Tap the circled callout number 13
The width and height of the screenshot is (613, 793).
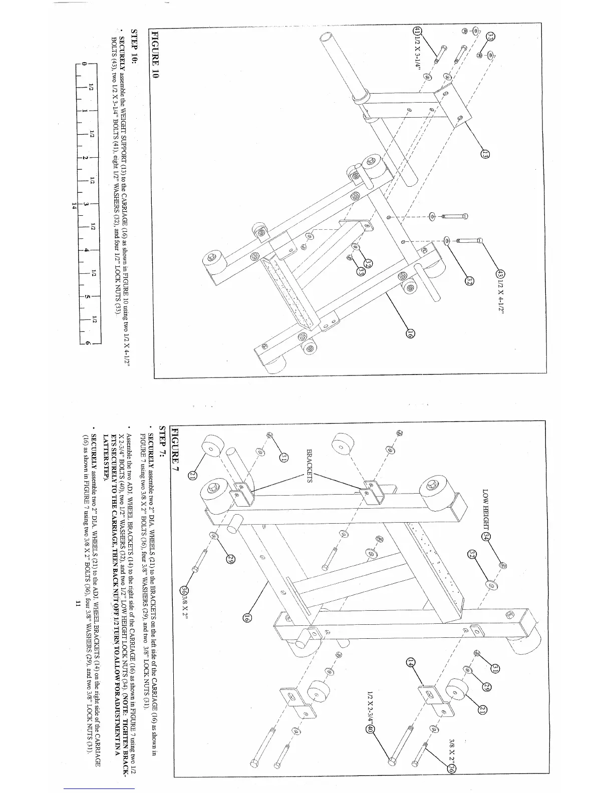pos(484,155)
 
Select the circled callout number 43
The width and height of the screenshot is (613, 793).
pos(499,274)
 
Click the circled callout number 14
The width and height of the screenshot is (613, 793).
pos(410,662)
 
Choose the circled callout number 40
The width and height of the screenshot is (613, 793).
pos(370,729)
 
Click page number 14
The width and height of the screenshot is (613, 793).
pos(74,205)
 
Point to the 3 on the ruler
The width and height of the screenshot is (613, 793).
pos(87,204)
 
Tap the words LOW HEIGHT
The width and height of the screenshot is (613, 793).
pos(485,507)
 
